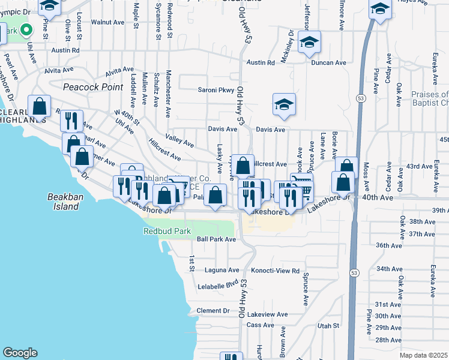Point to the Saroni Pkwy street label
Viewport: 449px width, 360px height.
tap(217, 91)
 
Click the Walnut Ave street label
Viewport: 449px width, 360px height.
tap(107, 22)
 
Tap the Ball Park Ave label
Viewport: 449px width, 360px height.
tap(216, 239)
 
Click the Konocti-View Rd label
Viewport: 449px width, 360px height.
tap(275, 271)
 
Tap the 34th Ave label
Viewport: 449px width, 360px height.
tap(389, 269)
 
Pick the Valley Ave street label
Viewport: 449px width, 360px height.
tap(179, 143)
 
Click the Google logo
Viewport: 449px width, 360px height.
tap(20, 353)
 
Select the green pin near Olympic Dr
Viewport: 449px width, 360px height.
tap(26, 29)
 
